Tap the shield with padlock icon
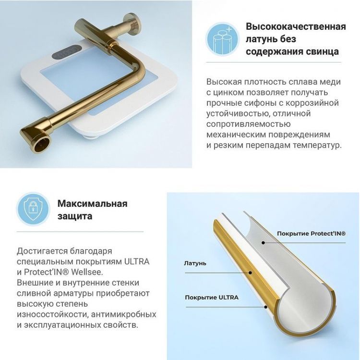pyautogui.click(x=33, y=209)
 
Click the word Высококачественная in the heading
pyautogui.click(x=296, y=26)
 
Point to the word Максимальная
pyautogui.click(x=92, y=203)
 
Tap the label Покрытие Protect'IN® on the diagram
pyautogui.click(x=311, y=234)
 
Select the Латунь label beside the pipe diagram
pyautogui.click(x=195, y=263)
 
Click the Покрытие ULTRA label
pyautogui.click(x=211, y=297)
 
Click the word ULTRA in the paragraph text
pyautogui.click(x=137, y=261)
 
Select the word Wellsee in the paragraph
pyautogui.click(x=88, y=272)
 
